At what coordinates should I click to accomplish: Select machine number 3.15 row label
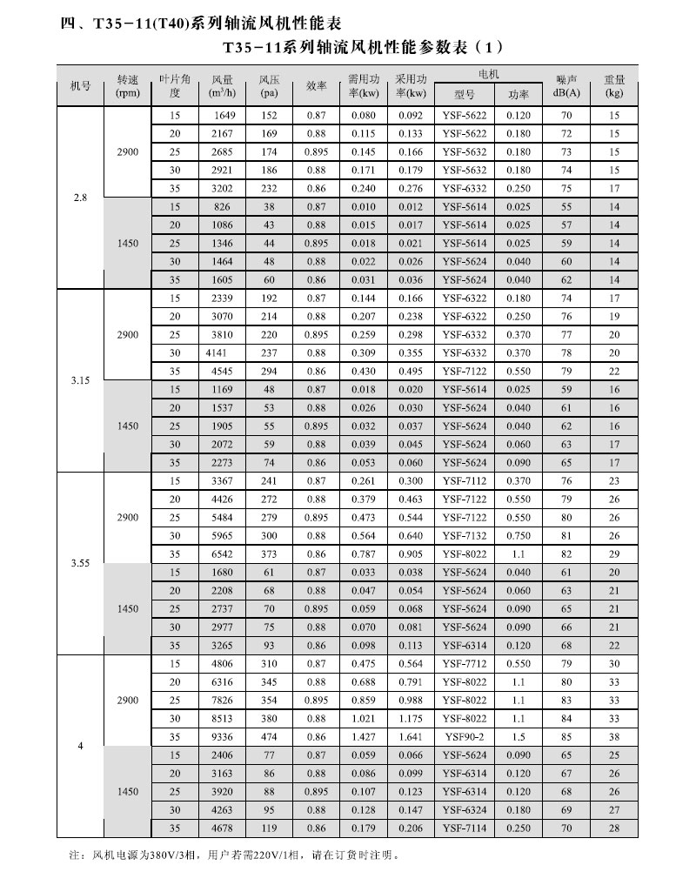click(80, 380)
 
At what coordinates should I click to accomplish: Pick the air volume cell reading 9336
click(224, 737)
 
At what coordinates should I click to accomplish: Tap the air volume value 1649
click(224, 116)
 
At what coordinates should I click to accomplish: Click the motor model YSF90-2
click(464, 737)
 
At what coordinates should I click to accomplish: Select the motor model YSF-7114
click(464, 828)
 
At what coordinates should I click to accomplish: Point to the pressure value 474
click(269, 737)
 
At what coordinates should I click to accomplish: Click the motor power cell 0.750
click(519, 536)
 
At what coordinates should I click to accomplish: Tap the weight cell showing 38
click(614, 737)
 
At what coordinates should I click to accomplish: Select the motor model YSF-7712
click(464, 664)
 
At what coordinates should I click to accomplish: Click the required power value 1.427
click(363, 737)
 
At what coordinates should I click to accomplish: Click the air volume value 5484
click(224, 518)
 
